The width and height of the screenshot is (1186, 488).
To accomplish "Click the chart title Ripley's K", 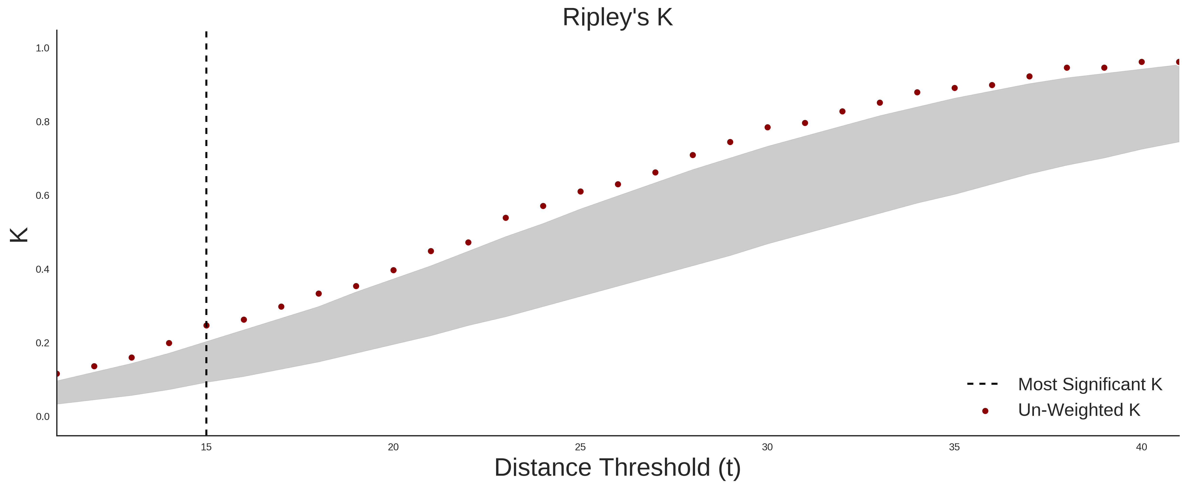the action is (617, 17).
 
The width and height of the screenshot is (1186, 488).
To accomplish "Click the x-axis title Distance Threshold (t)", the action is (617, 468).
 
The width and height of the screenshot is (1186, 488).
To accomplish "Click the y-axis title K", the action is (19, 235).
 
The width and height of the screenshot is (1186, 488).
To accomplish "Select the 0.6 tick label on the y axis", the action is (42, 196).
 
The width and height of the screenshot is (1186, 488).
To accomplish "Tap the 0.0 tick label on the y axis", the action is (42, 417).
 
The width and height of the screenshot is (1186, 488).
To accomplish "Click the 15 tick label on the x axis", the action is (206, 447).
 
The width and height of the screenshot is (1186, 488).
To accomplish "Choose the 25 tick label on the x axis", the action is (580, 447).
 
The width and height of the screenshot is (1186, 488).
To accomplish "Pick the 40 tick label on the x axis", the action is (1141, 447).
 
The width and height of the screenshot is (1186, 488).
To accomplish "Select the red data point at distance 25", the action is (580, 192).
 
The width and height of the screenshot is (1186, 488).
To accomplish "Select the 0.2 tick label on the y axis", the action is (42, 343).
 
